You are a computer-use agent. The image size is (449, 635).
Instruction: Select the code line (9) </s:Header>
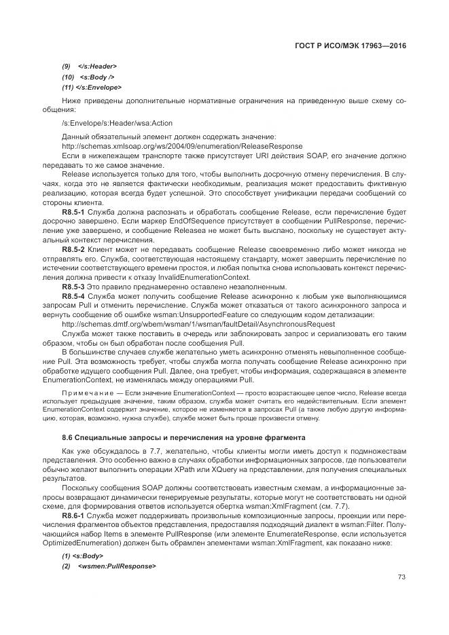click(90, 66)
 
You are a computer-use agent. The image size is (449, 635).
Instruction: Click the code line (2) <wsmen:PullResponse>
click(110, 566)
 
